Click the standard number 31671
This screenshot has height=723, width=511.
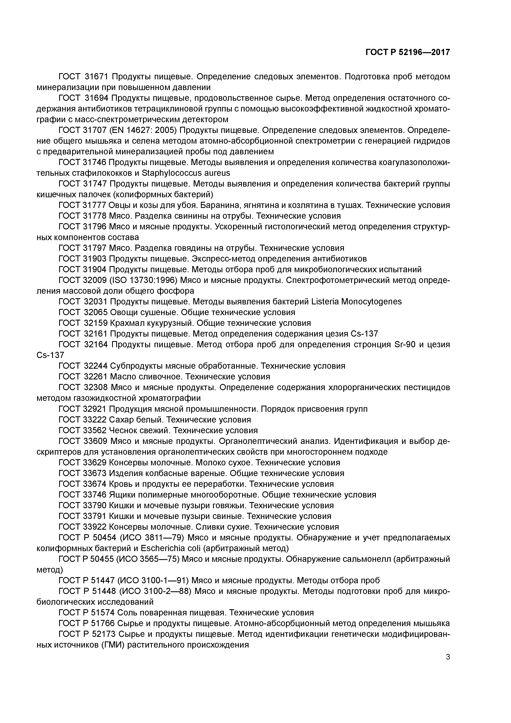pos(96,76)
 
